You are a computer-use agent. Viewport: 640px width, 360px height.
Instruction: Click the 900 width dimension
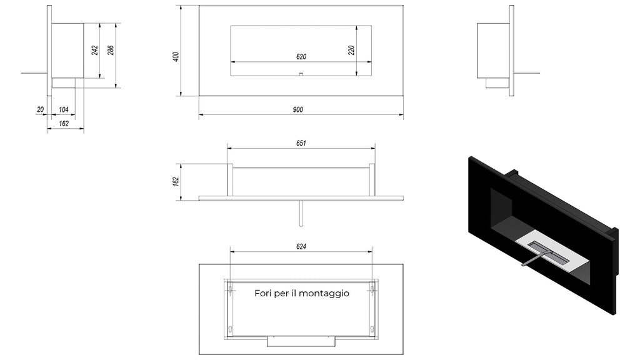[x=298, y=109]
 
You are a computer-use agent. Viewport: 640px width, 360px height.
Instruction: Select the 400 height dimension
[x=176, y=56]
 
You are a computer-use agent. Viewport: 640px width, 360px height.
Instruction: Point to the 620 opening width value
[x=301, y=57]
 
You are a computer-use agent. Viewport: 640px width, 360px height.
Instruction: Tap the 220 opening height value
[x=351, y=50]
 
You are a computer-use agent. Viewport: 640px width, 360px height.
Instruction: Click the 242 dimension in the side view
[x=95, y=50]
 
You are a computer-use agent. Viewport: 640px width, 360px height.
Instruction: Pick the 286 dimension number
[x=111, y=50]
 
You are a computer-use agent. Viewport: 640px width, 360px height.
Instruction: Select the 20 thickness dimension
[x=40, y=109]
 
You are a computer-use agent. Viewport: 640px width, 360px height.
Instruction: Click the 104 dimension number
[x=64, y=109]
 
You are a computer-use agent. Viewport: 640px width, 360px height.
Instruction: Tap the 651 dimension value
[x=301, y=143]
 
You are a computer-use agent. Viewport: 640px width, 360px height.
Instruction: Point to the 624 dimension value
[x=301, y=246]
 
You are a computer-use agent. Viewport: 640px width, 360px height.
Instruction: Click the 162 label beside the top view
[x=176, y=182]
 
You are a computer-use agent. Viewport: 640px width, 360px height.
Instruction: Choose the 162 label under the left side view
[x=64, y=123]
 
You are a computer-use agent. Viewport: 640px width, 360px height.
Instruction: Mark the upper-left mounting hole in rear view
[x=231, y=289]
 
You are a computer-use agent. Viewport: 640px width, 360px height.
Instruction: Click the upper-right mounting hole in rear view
[x=372, y=289]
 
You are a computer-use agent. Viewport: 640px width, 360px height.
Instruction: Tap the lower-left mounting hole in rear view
[x=231, y=329]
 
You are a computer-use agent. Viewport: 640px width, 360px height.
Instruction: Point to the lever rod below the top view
[x=301, y=214]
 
